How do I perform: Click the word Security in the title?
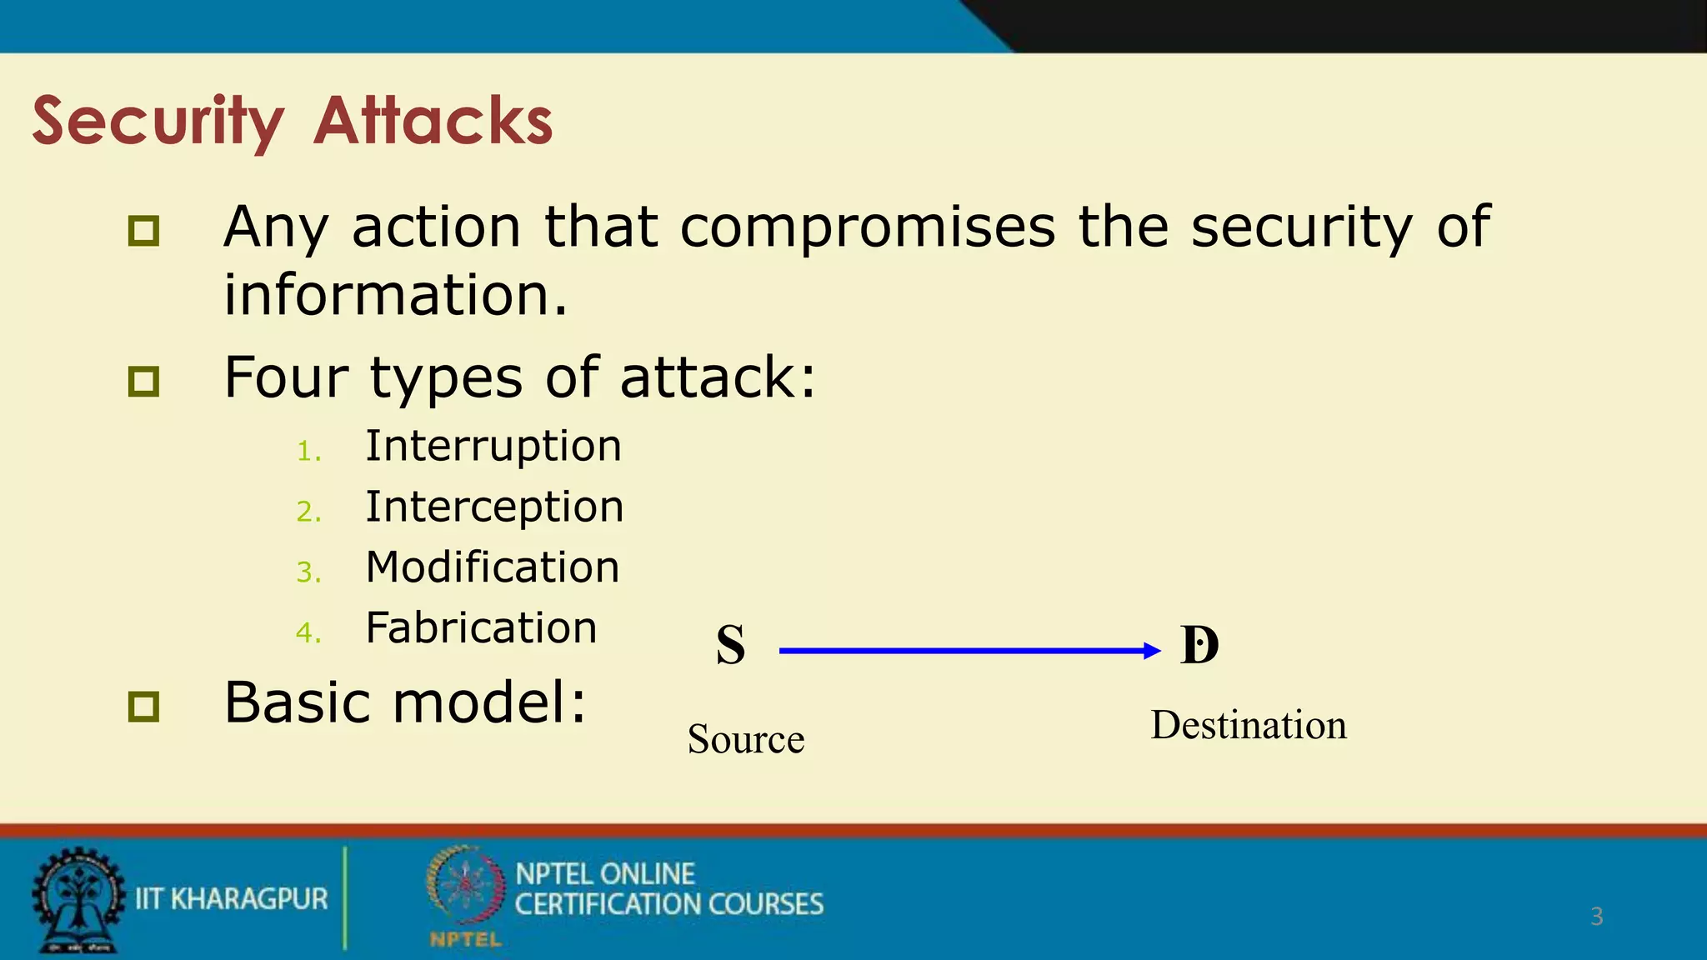(158, 121)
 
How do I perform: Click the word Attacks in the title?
(433, 121)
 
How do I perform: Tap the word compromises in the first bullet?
(867, 227)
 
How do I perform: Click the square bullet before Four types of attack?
(143, 382)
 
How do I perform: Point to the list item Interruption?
(493, 446)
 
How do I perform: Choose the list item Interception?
(494, 507)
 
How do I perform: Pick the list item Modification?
(493, 567)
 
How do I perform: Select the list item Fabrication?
(481, 628)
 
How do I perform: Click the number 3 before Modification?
(307, 572)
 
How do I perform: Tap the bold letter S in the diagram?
(730, 645)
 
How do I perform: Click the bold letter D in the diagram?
(1199, 645)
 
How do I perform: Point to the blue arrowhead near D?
(1152, 651)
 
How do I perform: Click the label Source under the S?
(746, 739)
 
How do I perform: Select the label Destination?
(1249, 725)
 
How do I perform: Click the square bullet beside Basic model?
(143, 707)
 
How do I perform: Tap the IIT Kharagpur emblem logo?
(78, 900)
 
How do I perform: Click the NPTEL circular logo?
(465, 888)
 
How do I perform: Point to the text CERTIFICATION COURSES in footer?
(668, 904)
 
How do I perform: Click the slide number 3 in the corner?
(1596, 917)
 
